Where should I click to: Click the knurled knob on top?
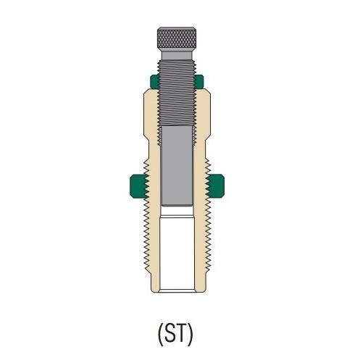[176, 36]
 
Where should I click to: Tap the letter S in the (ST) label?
[173, 334]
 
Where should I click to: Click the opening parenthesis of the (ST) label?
[161, 335]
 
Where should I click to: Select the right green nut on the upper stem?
[200, 80]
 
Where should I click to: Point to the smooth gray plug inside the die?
[176, 163]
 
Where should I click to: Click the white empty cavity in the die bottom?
[176, 254]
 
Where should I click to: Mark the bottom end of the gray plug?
[176, 203]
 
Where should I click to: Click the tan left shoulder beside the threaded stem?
[148, 109]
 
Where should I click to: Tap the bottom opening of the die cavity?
[176, 290]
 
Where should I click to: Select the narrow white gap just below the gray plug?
[176, 211]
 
